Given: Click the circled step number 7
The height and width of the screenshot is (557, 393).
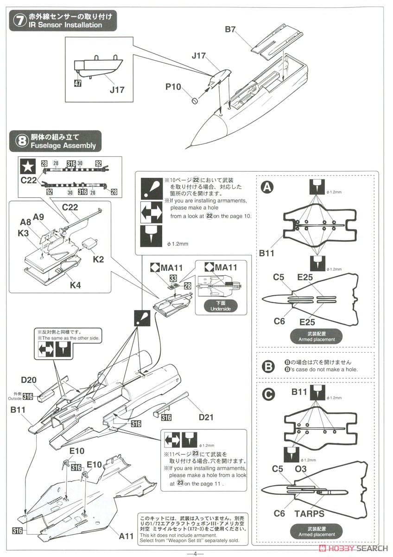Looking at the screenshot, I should pyautogui.click(x=19, y=21).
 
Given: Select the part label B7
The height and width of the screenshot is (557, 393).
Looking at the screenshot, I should pyautogui.click(x=231, y=30).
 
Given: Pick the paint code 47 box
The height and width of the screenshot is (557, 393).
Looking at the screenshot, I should pyautogui.click(x=77, y=84).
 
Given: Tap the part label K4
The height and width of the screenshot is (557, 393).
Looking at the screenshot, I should pyautogui.click(x=75, y=285).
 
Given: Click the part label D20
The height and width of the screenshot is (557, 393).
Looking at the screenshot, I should pyautogui.click(x=28, y=381).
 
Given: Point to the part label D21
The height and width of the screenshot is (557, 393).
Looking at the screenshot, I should pyautogui.click(x=206, y=417).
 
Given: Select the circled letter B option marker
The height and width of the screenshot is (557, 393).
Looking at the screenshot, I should pyautogui.click(x=268, y=366).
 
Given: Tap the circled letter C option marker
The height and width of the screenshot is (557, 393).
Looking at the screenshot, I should pyautogui.click(x=267, y=395).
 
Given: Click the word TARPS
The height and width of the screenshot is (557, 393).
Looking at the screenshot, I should pyautogui.click(x=310, y=513).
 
